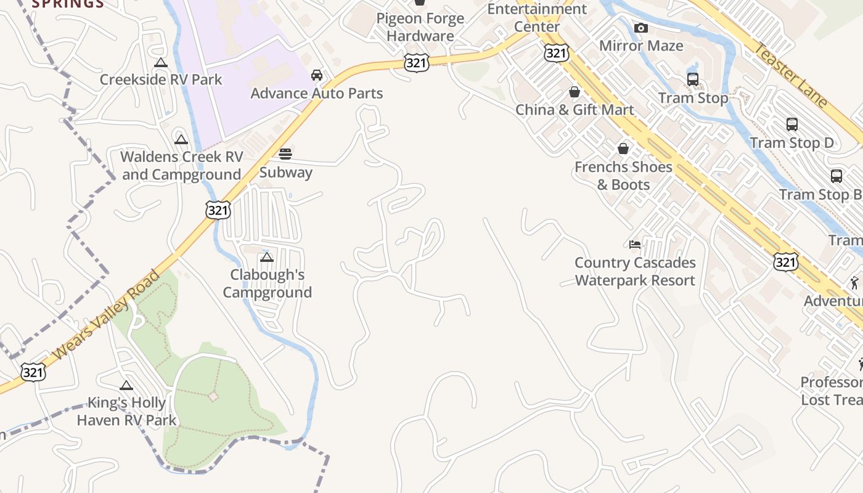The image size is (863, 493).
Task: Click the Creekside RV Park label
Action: click(x=161, y=79)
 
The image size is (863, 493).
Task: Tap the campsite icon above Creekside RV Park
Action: click(x=161, y=62)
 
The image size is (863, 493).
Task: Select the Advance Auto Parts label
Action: click(x=317, y=94)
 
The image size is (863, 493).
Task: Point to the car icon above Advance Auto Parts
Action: click(x=317, y=75)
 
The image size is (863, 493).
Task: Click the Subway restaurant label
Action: click(x=285, y=173)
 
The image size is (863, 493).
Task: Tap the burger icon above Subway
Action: click(x=285, y=154)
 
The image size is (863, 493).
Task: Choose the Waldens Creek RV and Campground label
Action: click(x=181, y=166)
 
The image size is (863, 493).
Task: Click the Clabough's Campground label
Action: click(x=268, y=283)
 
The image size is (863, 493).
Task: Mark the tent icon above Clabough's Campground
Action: click(x=267, y=257)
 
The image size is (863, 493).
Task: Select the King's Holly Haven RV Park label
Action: click(x=126, y=412)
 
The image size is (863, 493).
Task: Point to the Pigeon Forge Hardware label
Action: click(x=420, y=27)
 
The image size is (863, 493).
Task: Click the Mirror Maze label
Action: click(x=641, y=46)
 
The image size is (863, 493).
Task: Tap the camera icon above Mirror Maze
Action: click(x=641, y=28)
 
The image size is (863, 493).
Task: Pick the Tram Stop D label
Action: click(x=791, y=143)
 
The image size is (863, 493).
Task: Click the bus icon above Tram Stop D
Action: click(x=792, y=124)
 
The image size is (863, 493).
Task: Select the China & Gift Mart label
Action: click(x=575, y=110)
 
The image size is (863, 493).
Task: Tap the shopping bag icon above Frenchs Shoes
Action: click(x=623, y=149)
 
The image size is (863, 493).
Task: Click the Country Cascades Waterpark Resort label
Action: click(x=635, y=272)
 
